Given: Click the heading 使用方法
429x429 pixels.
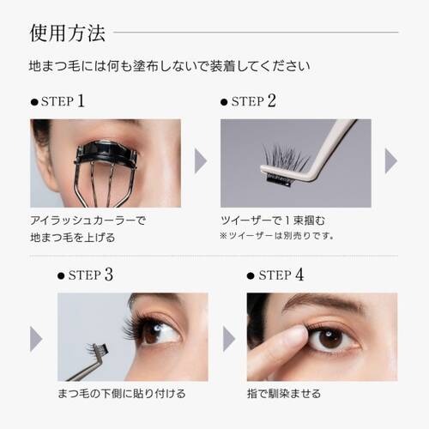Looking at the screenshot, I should [68, 33].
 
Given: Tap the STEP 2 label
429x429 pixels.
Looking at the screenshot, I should [254, 101].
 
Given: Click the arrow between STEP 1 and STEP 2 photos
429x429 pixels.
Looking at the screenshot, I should [200, 161].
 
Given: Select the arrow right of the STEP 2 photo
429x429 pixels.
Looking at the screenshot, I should [390, 161].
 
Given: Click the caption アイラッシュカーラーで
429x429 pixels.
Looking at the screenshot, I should [88, 220].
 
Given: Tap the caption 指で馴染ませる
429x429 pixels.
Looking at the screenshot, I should [284, 394].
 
